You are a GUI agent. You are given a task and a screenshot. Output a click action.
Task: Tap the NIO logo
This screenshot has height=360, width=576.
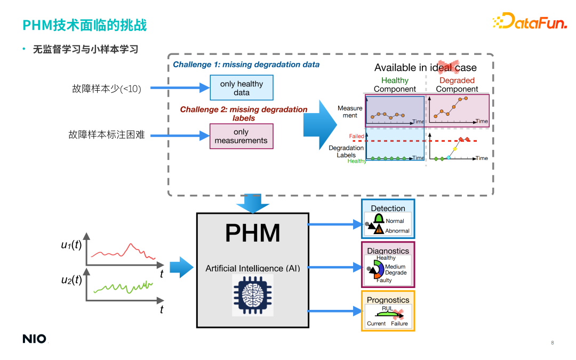tap(34, 339)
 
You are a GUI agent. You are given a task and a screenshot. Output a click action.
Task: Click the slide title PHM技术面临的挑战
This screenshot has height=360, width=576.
tap(84, 25)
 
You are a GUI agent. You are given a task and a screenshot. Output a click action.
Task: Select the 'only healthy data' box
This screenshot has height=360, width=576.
tap(241, 88)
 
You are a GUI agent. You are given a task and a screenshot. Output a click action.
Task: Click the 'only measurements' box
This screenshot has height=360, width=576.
tap(241, 136)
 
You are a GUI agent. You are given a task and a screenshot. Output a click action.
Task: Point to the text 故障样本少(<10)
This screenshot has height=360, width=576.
tap(107, 89)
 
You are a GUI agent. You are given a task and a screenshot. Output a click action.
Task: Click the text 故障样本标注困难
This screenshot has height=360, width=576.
tap(107, 135)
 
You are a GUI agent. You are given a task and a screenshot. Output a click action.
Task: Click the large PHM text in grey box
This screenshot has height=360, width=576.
tap(252, 233)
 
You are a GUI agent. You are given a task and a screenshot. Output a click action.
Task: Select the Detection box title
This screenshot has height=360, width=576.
tap(388, 208)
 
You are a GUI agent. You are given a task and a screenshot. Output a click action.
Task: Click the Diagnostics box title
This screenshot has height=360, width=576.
tap(388, 251)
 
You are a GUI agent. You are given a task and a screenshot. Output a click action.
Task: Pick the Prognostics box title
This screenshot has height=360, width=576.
tap(388, 300)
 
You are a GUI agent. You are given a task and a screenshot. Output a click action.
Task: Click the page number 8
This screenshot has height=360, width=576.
tap(552, 342)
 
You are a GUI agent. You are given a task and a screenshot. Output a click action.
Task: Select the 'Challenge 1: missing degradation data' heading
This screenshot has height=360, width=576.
tap(246, 65)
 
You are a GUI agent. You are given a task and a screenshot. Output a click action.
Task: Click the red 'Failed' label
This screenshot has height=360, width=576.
tap(356, 137)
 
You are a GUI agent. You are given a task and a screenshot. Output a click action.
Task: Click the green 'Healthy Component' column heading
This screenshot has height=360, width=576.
tap(395, 85)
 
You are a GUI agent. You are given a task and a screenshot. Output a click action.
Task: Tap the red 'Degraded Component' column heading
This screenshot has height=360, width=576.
tap(457, 85)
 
